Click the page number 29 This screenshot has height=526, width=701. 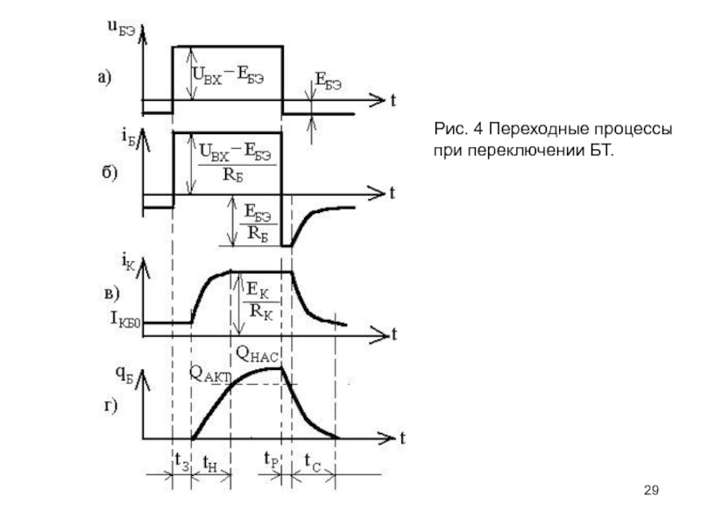[x=651, y=490]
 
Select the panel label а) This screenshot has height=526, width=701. [x=104, y=78]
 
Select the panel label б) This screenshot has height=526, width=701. [x=109, y=172]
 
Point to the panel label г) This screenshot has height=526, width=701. [x=110, y=406]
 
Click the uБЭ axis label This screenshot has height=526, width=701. [x=121, y=28]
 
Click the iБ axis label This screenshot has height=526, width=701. [x=128, y=136]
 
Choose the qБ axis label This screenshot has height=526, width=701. [x=124, y=375]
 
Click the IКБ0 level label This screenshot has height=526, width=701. [x=125, y=320]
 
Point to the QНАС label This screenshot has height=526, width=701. [x=257, y=354]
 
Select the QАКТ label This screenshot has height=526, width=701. [x=209, y=374]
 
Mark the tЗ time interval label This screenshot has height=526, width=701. [x=182, y=461]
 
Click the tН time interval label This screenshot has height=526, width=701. [x=209, y=463]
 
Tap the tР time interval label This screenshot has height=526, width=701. [x=272, y=459]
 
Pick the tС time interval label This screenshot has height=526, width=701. [x=313, y=462]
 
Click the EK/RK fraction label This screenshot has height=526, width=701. [x=259, y=301]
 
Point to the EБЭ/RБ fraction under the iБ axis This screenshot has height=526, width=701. [x=258, y=223]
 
